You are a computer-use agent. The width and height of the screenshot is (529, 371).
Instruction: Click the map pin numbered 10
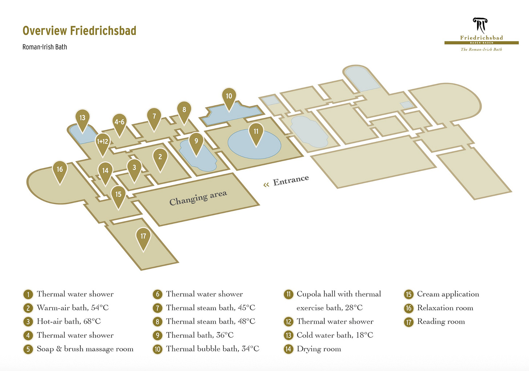coord(229,96)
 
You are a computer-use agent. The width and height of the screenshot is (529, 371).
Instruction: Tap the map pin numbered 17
coord(143,236)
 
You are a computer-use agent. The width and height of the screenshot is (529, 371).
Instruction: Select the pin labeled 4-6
coord(120,122)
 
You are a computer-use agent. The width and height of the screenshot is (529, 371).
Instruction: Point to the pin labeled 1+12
coord(102,142)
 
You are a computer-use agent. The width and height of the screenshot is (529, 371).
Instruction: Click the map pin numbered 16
coord(60,169)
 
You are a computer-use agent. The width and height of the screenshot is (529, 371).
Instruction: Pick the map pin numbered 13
coord(82,118)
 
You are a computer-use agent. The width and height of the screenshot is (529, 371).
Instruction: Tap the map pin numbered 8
coord(184,110)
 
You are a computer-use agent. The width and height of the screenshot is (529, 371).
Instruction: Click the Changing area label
coord(198,198)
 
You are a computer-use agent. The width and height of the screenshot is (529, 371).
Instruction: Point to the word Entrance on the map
coord(291,180)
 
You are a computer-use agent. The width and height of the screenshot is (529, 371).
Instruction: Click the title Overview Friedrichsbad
coord(79,31)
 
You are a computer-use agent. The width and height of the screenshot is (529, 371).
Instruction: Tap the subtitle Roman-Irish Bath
coord(45,47)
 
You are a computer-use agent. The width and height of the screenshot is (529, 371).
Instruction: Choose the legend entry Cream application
coord(448,294)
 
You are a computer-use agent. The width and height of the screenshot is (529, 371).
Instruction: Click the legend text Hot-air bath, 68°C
coord(69,322)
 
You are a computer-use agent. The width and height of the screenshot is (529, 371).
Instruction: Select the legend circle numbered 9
coord(157,335)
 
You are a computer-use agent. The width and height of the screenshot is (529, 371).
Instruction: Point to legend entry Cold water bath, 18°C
coord(335,335)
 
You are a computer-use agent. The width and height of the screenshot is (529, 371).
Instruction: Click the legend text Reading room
coord(441,322)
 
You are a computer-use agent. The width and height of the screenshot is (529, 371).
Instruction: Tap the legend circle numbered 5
coord(28,349)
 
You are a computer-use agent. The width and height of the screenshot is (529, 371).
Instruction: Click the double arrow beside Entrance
coord(266,185)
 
